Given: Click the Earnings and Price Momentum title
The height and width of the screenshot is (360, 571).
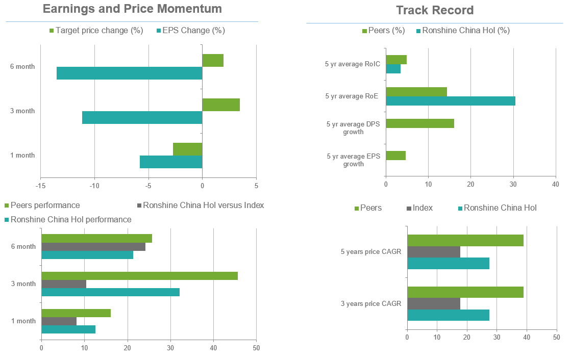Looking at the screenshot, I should click(132, 9).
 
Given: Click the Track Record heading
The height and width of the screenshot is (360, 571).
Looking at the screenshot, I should click(435, 10).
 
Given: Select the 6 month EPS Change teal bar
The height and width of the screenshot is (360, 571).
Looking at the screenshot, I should click(129, 73).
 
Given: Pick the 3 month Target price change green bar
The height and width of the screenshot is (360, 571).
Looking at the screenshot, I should click(221, 105).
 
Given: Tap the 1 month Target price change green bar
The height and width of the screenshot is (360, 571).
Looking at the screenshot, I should click(188, 149).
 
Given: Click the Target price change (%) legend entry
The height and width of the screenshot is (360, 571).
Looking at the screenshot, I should click(95, 31).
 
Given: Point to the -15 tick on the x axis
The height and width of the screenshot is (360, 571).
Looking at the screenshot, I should click(41, 186).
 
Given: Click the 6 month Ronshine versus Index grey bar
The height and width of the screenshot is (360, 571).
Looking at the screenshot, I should click(93, 247).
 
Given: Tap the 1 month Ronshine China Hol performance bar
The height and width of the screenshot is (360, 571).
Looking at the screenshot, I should click(68, 329).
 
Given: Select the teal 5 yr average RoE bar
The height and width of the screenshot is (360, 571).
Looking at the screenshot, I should click(451, 101).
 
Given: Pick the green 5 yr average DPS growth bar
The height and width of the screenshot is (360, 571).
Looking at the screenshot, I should click(420, 123).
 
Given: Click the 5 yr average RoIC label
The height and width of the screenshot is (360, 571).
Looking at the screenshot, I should click(352, 64).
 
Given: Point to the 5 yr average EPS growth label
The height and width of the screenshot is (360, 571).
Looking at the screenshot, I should click(353, 160).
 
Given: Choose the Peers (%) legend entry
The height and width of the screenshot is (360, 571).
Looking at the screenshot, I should click(384, 31).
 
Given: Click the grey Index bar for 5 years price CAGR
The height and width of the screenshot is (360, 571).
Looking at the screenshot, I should click(434, 252).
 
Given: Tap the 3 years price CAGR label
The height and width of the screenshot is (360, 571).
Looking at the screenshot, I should click(370, 304).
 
